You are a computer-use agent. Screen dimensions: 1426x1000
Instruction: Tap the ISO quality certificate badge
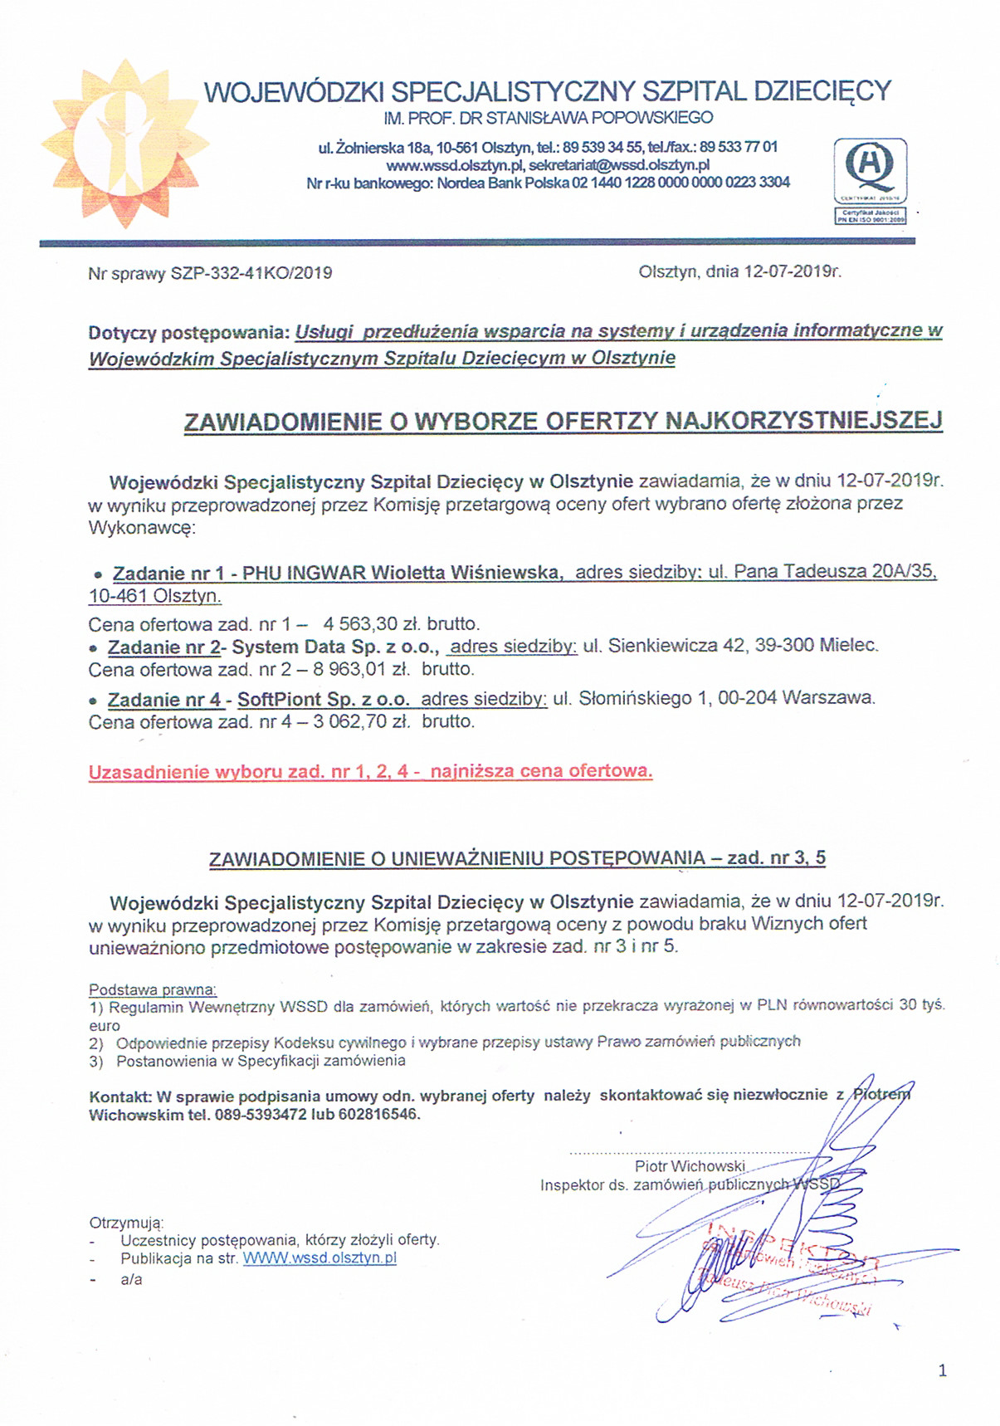point(870,181)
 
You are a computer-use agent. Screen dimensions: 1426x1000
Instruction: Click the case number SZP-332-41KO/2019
point(251,273)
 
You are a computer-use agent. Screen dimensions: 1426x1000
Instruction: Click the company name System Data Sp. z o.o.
point(334,646)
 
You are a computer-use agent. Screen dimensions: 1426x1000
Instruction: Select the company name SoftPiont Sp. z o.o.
point(323,699)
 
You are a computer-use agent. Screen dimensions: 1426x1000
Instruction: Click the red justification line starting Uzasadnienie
point(370,771)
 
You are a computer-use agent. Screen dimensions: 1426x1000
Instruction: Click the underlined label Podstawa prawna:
point(153,989)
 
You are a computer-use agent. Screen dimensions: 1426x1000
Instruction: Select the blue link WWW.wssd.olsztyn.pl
point(320,1258)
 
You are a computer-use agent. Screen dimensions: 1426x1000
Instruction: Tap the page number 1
point(942,1371)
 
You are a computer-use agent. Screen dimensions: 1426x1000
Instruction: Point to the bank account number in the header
point(680,183)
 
